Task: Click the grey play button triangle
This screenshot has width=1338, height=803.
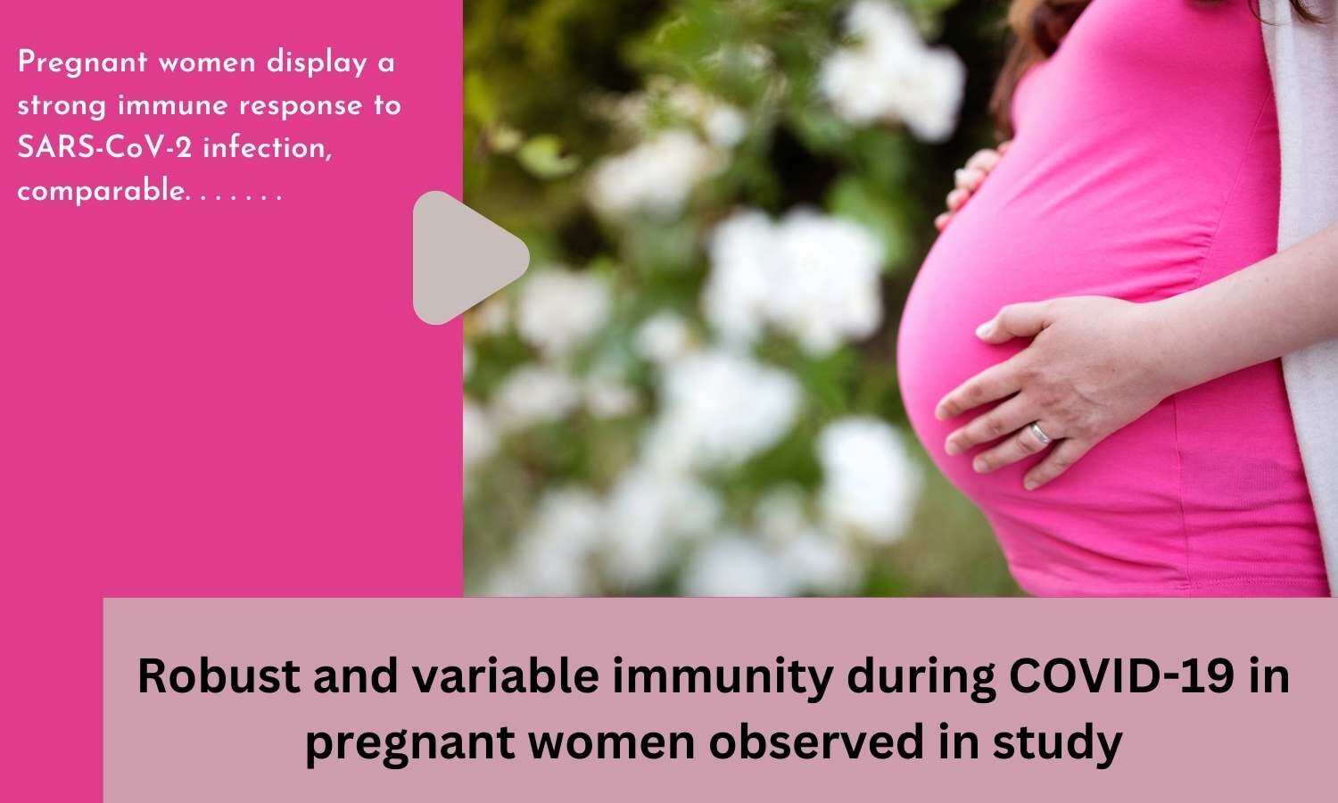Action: (464, 258)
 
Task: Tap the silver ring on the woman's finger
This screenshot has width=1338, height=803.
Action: (1041, 434)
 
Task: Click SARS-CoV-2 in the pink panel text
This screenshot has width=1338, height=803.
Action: (104, 148)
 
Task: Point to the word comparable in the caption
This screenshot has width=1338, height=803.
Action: (99, 191)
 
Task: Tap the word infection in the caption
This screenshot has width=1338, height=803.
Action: (268, 148)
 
